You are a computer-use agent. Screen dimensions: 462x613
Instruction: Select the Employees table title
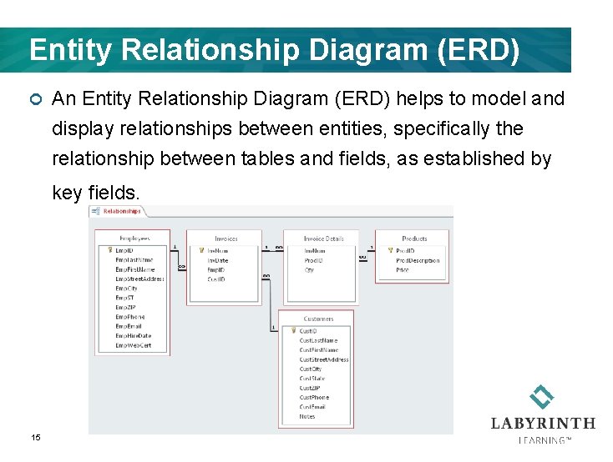pos(132,238)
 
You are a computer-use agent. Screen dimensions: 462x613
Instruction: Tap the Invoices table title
pos(226,239)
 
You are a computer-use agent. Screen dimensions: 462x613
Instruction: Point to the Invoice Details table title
pos(323,239)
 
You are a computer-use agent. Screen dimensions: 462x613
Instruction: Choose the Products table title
pos(414,239)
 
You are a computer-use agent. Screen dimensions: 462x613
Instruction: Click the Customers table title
pos(318,319)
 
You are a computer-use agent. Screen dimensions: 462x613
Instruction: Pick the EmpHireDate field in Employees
pos(134,336)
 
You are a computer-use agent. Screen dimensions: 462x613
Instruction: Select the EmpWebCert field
pos(134,345)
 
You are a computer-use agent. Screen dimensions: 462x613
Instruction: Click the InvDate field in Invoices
pos(218,260)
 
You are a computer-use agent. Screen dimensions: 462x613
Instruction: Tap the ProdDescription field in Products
pos(418,260)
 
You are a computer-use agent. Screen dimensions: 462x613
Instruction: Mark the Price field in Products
pos(403,270)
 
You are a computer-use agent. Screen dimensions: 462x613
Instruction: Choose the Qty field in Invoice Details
pos(309,270)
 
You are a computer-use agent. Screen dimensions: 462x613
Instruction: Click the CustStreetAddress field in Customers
pos(323,359)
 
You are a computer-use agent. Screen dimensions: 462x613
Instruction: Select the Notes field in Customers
pos(307,416)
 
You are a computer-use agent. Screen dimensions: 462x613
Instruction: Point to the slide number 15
pos(36,437)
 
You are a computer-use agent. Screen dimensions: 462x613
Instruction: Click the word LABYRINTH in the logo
pos(543,424)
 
